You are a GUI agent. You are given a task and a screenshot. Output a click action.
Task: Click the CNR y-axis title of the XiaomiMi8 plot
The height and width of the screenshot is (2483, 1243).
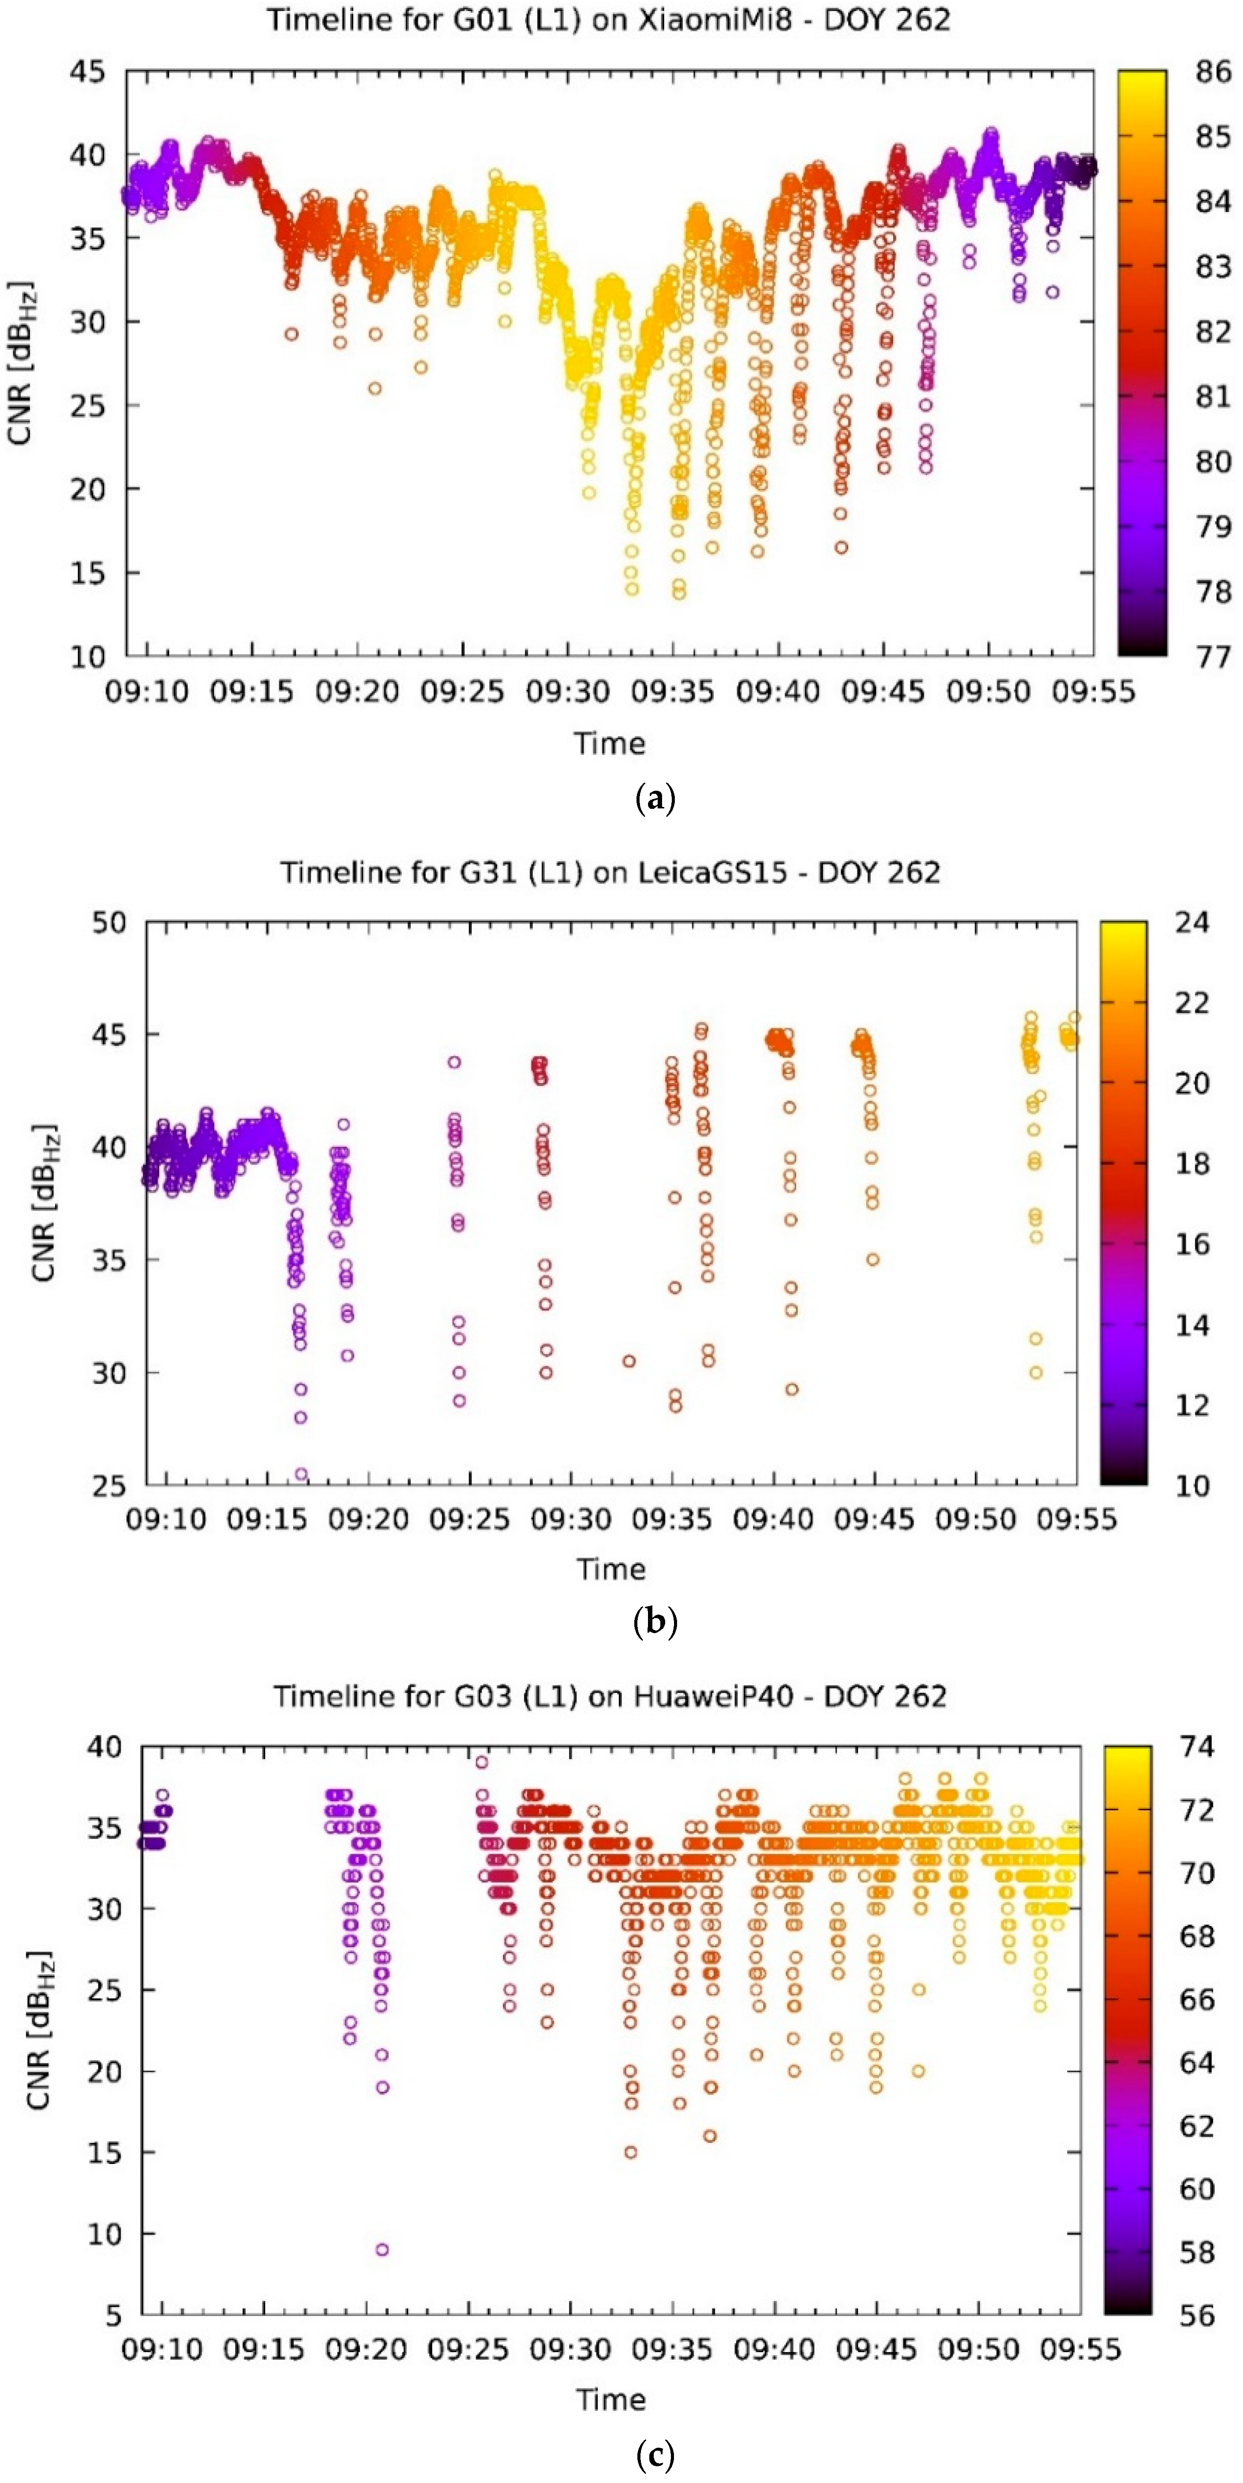tap(21, 364)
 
